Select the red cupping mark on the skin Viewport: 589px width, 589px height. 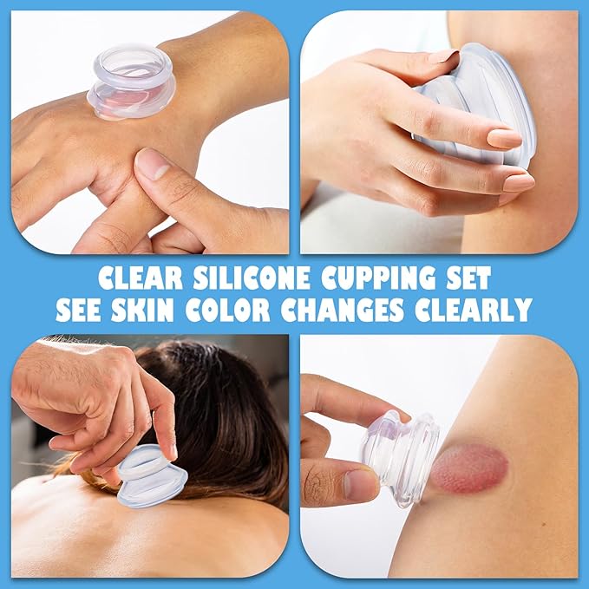pos(468,468)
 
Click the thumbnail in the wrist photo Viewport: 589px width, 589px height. pos(154,164)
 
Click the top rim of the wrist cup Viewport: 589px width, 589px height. pos(133,57)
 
